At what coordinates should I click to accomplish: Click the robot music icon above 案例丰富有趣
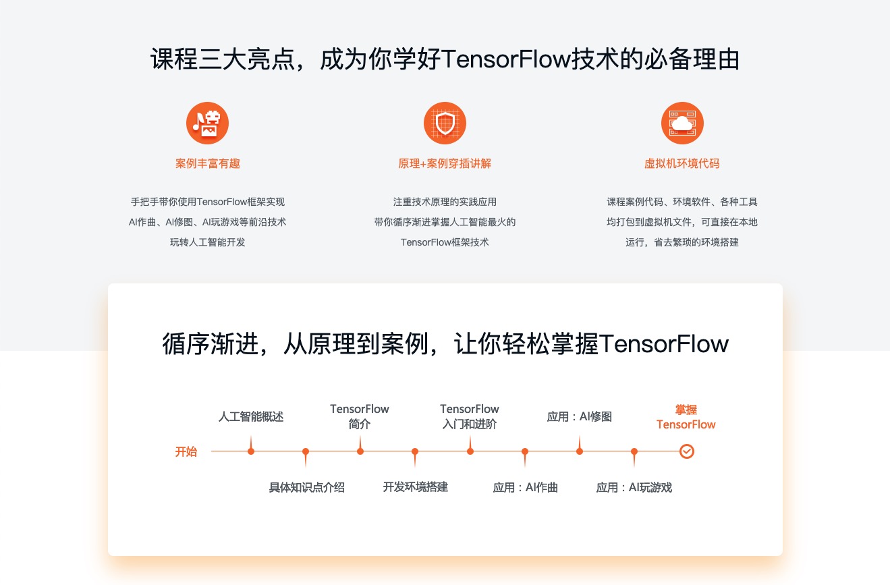[207, 123]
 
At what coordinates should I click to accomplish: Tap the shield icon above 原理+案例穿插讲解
[445, 123]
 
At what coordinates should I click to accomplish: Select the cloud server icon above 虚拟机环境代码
[682, 123]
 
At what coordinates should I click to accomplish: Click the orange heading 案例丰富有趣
[207, 163]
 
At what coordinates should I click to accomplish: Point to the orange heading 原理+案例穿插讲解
[445, 163]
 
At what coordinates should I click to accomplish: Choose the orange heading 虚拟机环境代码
[682, 163]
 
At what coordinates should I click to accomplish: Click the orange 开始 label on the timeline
[186, 451]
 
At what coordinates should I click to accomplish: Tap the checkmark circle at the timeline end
[686, 451]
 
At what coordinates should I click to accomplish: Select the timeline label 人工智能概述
[251, 417]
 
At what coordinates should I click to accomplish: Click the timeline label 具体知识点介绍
[306, 487]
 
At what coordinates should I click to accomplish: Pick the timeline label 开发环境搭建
[415, 487]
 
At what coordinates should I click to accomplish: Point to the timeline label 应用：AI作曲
[525, 487]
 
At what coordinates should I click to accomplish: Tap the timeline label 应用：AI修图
[579, 417]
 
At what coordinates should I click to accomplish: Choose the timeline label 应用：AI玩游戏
[634, 487]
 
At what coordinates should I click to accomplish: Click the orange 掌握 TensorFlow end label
[686, 417]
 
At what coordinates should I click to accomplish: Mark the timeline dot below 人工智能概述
[251, 451]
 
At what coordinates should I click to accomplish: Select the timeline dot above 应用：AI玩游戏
[634, 451]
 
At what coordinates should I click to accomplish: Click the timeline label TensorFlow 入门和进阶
[470, 417]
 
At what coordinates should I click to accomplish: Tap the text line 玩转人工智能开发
[207, 242]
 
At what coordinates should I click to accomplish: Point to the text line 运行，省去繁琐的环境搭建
[682, 242]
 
